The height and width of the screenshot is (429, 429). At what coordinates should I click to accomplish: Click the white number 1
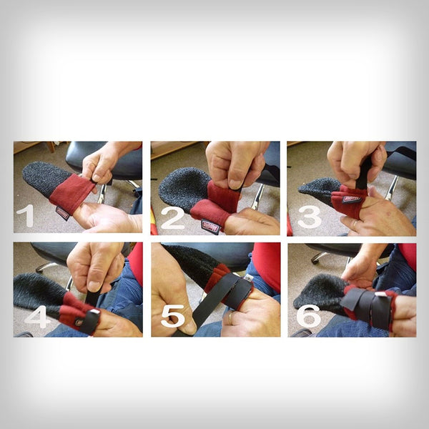coord(29,215)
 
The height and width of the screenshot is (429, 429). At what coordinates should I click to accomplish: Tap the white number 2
coord(172,217)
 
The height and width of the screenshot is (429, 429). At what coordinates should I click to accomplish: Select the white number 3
coord(309,217)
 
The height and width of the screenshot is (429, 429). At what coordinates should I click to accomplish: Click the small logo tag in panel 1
coord(63,212)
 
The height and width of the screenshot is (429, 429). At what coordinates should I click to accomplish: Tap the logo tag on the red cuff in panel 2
coord(209,225)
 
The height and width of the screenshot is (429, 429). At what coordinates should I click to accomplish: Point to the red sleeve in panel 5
coord(267,265)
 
